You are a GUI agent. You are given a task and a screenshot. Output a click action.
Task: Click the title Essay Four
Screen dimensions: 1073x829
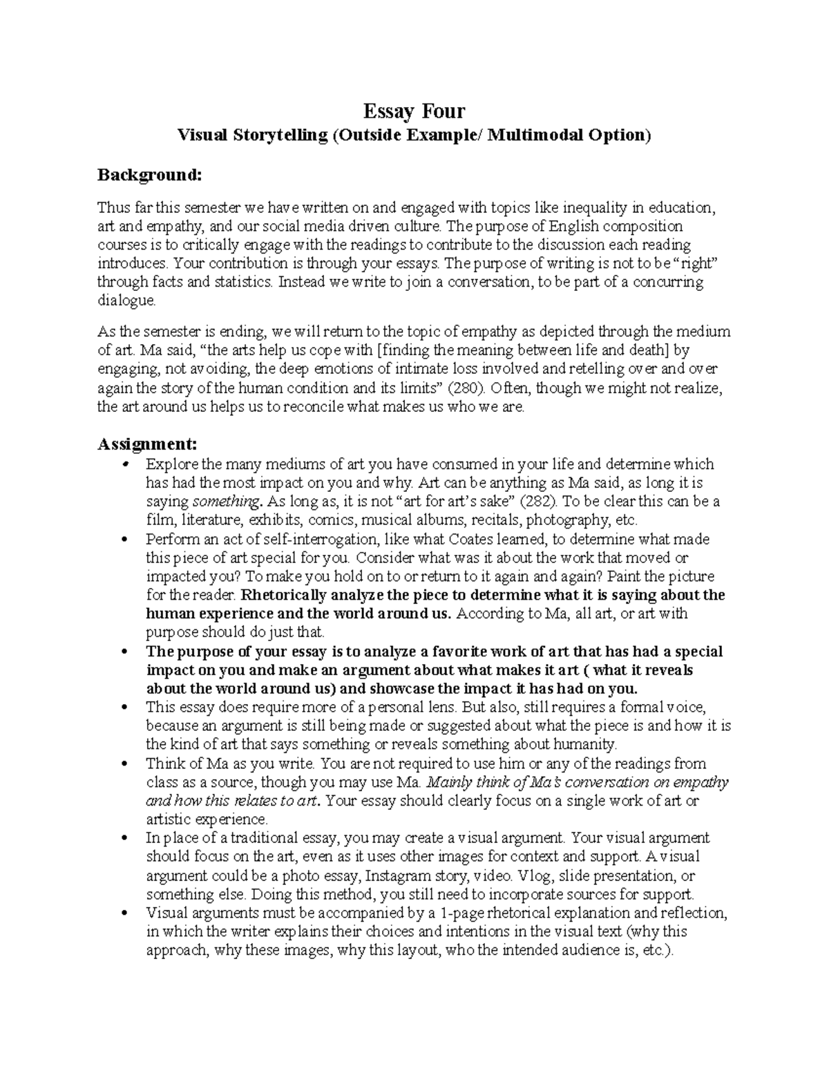(414, 111)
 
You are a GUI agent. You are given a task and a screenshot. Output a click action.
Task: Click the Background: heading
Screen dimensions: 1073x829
(149, 175)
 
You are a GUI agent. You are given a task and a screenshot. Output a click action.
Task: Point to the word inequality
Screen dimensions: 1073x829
(595, 208)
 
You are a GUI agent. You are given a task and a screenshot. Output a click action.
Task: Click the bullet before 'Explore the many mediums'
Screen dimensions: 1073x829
(125, 464)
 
